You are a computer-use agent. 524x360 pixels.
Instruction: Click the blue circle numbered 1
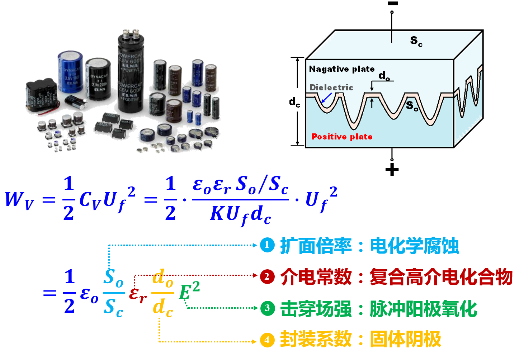pyautogui.click(x=267, y=245)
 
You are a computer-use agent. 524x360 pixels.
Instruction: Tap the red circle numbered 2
pyautogui.click(x=267, y=276)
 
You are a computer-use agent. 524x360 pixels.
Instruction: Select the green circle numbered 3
pyautogui.click(x=267, y=308)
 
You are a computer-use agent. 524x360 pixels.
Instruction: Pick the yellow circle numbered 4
pyautogui.click(x=267, y=340)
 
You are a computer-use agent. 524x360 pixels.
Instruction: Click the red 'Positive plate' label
pyautogui.click(x=342, y=137)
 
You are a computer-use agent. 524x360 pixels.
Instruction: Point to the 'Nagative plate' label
pyautogui.click(x=341, y=69)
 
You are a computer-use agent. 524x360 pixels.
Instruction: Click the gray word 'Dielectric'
pyautogui.click(x=331, y=87)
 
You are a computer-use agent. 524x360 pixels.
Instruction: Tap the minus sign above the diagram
pyautogui.click(x=393, y=4)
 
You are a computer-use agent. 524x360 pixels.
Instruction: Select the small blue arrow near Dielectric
pyautogui.click(x=326, y=98)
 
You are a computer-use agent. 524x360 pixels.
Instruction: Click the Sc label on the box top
pyautogui.click(x=416, y=41)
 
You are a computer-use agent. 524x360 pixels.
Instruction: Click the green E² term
pyautogui.click(x=189, y=290)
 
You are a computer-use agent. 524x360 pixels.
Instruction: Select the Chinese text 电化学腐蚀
pyautogui.click(x=414, y=246)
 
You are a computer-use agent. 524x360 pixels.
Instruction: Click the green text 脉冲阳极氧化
pyautogui.click(x=423, y=309)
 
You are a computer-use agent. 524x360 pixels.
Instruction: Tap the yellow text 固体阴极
pyautogui.click(x=405, y=340)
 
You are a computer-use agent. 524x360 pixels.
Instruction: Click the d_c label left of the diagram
pyautogui.click(x=294, y=103)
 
